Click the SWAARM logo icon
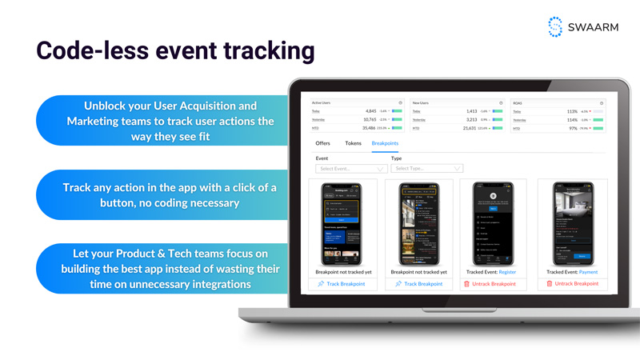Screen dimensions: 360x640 pyautogui.click(x=555, y=26)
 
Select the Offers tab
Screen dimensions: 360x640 pyautogui.click(x=322, y=143)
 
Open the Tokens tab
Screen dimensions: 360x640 pyautogui.click(x=353, y=143)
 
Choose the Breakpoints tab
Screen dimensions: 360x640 pyautogui.click(x=385, y=143)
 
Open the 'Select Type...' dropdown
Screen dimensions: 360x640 pyautogui.click(x=426, y=169)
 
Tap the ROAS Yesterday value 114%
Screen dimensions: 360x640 pyautogui.click(x=572, y=120)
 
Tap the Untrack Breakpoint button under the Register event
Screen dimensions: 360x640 pyautogui.click(x=490, y=284)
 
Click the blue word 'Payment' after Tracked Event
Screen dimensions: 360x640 pyautogui.click(x=588, y=272)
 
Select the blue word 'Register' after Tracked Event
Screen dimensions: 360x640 pyautogui.click(x=507, y=272)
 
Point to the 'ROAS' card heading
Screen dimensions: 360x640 pyautogui.click(x=518, y=103)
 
